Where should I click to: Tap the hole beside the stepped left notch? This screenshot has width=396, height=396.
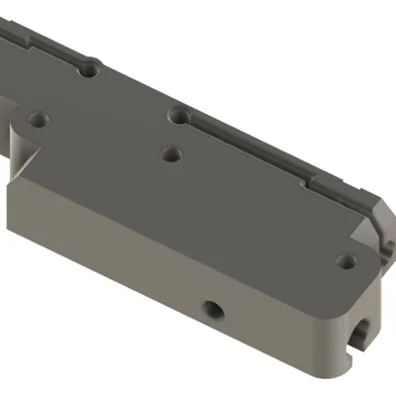(41, 118)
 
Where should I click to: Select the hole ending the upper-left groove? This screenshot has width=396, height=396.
(91, 70)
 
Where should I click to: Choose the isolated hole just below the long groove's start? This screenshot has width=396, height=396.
(172, 154)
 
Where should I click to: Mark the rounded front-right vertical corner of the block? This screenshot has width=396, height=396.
(332, 342)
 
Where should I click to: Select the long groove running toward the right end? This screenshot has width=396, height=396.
(257, 148)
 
